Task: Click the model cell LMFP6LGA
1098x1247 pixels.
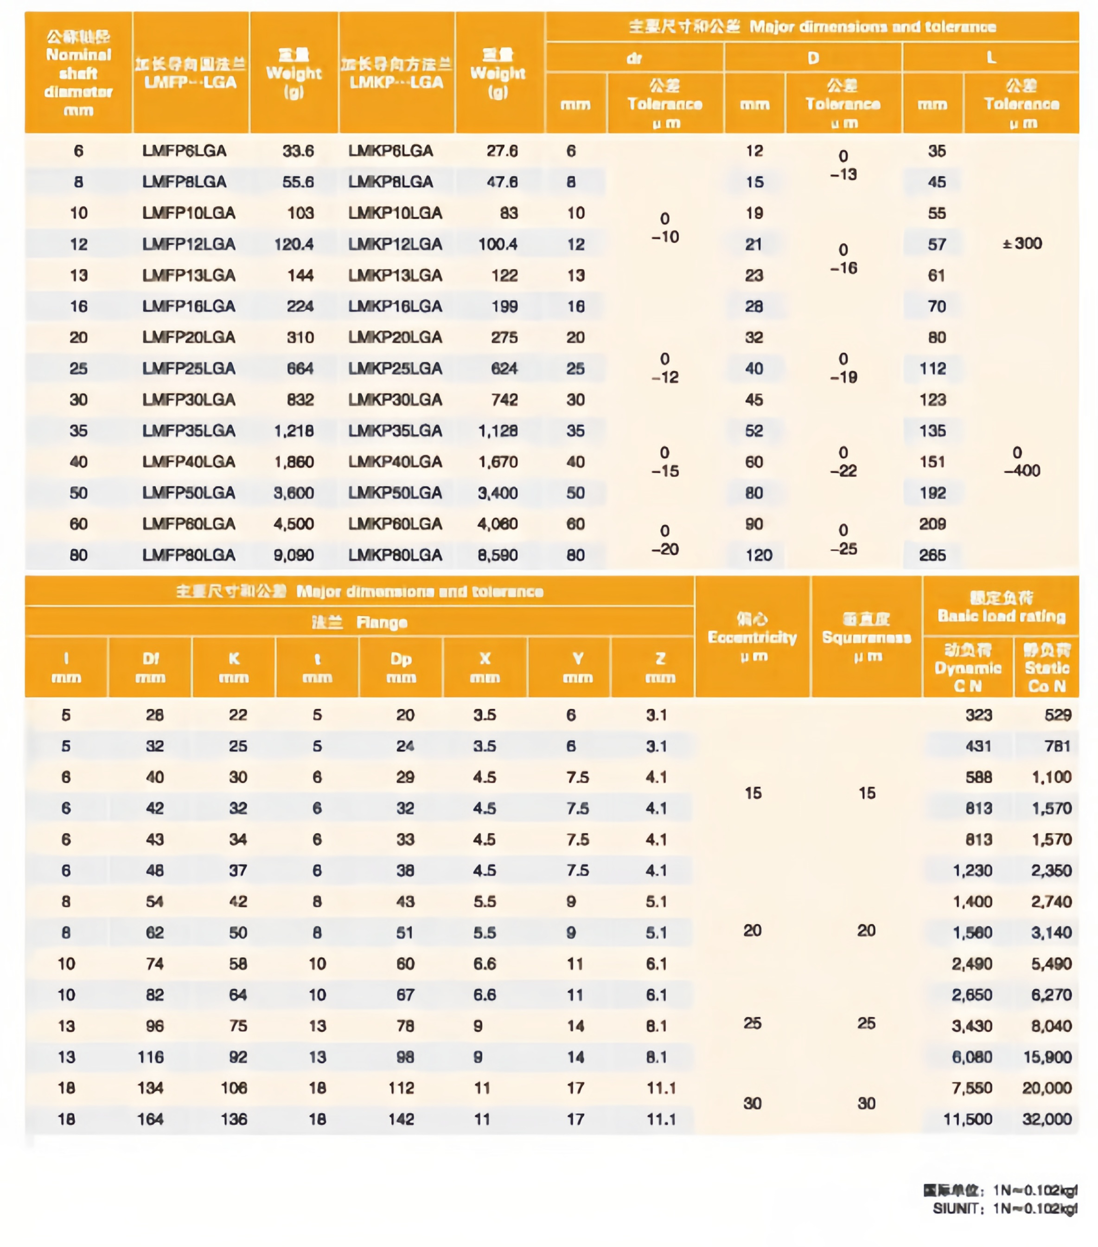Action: (x=184, y=151)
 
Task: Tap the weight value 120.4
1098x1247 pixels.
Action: (x=294, y=244)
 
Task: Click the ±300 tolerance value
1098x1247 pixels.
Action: (x=1022, y=244)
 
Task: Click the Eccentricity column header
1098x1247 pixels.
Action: (x=752, y=637)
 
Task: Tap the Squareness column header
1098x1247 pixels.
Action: (x=866, y=637)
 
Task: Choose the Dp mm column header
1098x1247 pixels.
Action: (x=401, y=668)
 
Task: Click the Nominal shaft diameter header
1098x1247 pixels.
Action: (x=79, y=73)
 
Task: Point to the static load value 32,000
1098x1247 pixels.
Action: (x=1047, y=1119)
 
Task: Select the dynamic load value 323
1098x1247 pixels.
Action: (x=978, y=715)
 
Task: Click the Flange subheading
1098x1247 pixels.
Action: (x=360, y=622)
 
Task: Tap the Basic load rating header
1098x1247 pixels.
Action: (x=1001, y=606)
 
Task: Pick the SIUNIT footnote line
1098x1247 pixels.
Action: (x=1005, y=1208)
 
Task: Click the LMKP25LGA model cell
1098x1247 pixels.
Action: (x=395, y=368)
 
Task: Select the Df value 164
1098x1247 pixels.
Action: (x=151, y=1119)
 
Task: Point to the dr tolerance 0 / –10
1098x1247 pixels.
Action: (x=664, y=228)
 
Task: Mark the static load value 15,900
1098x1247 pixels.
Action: (x=1047, y=1057)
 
